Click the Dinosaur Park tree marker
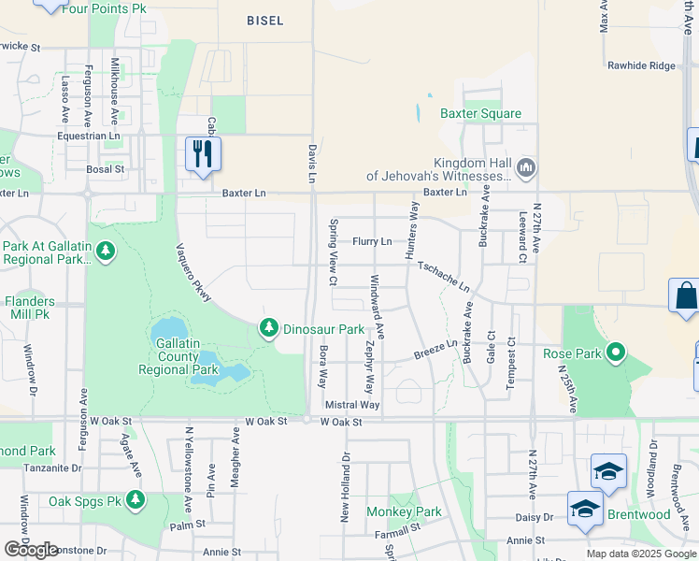pyautogui.click(x=269, y=328)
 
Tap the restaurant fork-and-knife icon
pyautogui.click(x=203, y=153)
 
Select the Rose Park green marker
pyautogui.click(x=616, y=352)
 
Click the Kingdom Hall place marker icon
pyautogui.click(x=524, y=167)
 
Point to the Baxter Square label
pyautogui.click(x=480, y=114)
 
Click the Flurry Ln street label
pyautogui.click(x=372, y=241)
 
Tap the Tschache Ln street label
pyautogui.click(x=443, y=277)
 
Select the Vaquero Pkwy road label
pyautogui.click(x=194, y=273)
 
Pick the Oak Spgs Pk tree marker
pyautogui.click(x=136, y=500)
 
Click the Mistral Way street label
pyautogui.click(x=352, y=405)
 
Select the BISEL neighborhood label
pyautogui.click(x=264, y=20)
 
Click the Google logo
pyautogui.click(x=32, y=549)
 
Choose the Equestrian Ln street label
pyautogui.click(x=89, y=136)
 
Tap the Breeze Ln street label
pyautogui.click(x=435, y=352)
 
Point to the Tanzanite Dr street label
pyautogui.click(x=52, y=467)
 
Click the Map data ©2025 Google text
pyautogui.click(x=640, y=554)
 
